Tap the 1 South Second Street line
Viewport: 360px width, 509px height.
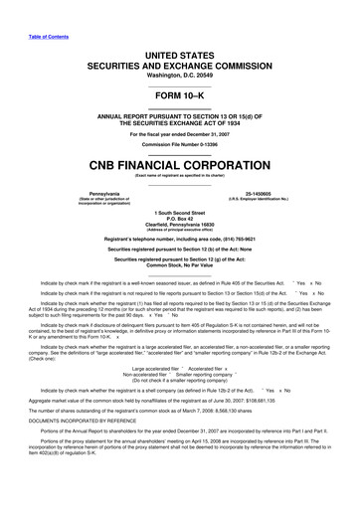coord(180,212)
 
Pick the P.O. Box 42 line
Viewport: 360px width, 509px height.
coord(180,218)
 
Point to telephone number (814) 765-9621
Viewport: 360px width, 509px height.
coord(239,240)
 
